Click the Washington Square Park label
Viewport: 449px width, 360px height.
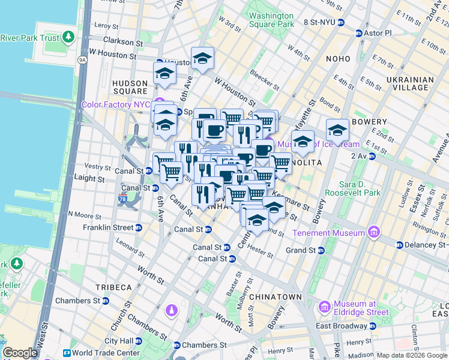coord(271,20)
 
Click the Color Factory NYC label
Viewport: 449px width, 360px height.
coord(115,104)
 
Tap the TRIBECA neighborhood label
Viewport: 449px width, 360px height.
coord(112,287)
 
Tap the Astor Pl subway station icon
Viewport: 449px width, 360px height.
coord(359,33)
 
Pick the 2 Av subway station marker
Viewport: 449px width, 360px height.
coord(372,156)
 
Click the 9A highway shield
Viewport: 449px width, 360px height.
coord(82,59)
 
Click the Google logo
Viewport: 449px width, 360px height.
coord(20,353)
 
